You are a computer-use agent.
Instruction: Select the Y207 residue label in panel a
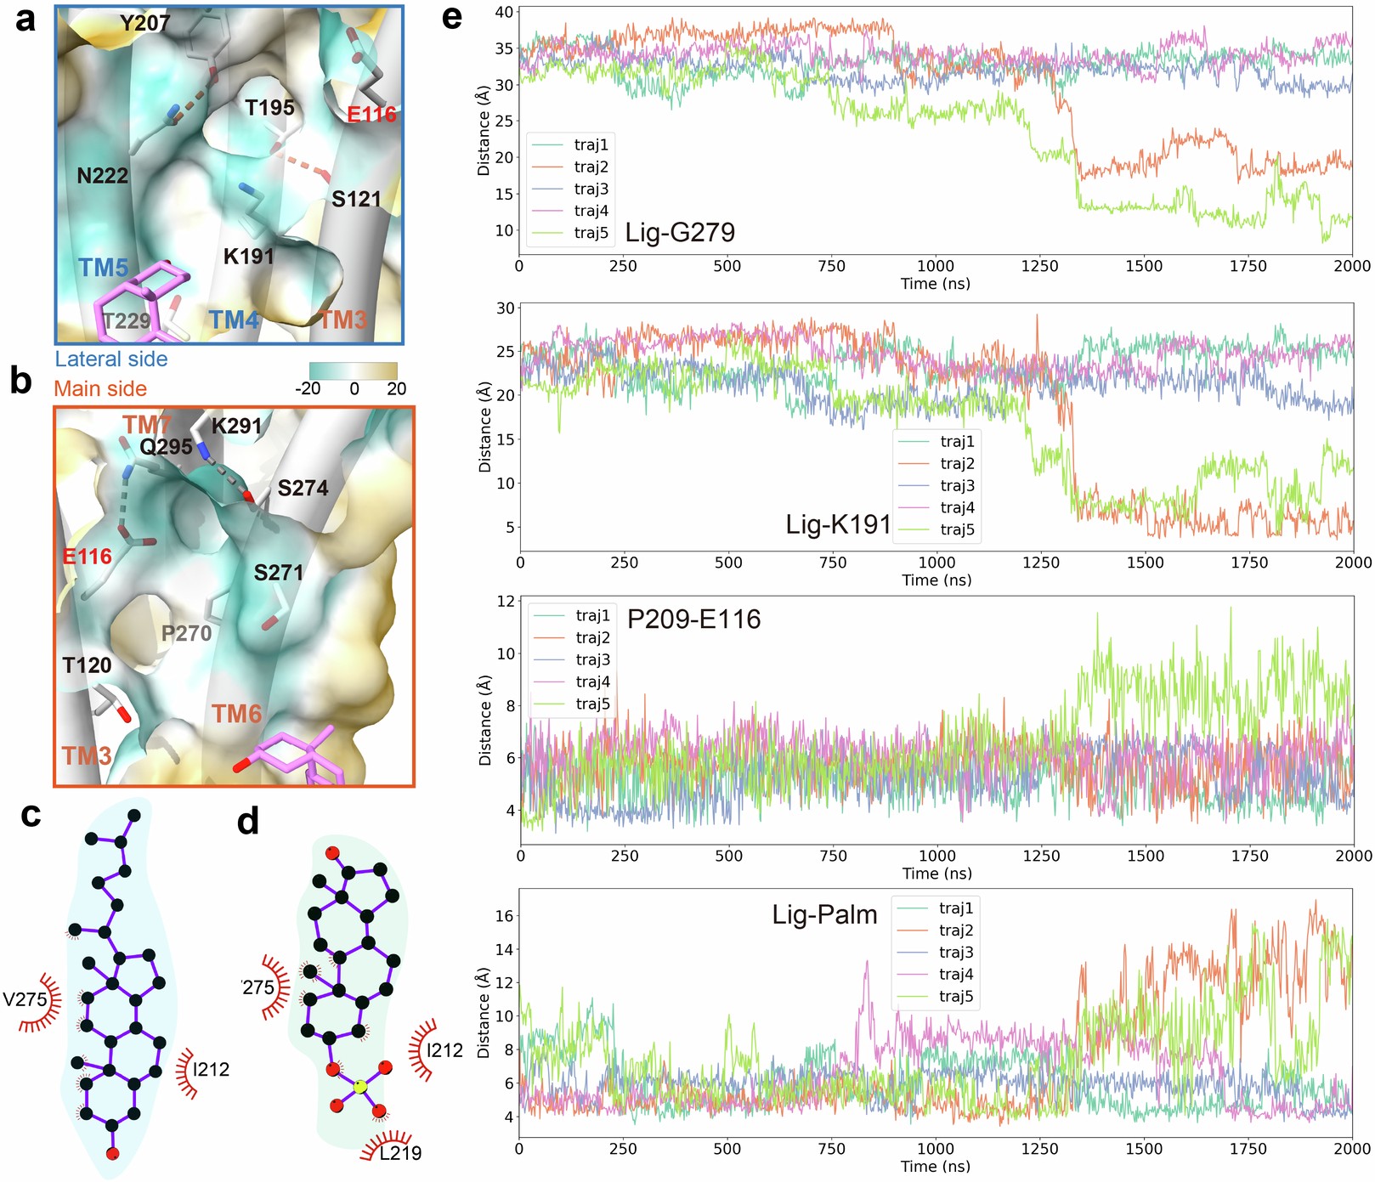coord(144,23)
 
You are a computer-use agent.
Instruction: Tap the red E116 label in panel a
coord(371,114)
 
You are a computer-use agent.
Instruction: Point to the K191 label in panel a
coord(248,256)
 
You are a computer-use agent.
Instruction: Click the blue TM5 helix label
coord(103,268)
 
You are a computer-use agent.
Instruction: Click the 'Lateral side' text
coord(111,359)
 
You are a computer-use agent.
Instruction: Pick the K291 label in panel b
coord(236,426)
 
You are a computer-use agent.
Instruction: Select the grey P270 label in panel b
coord(186,633)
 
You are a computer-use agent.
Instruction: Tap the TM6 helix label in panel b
coord(236,714)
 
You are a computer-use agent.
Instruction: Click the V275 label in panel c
coord(25,999)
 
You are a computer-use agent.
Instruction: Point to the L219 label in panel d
coord(400,1153)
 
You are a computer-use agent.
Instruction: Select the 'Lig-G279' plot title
coord(680,232)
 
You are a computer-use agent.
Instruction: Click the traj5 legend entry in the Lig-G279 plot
coord(591,233)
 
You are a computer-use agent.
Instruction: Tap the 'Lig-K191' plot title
coord(838,524)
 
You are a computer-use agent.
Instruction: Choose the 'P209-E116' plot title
coord(693,619)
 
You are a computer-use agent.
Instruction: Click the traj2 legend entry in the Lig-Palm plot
coord(956,930)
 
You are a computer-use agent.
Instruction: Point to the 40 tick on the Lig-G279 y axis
coord(504,12)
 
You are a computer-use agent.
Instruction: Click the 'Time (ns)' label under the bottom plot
coord(935,1167)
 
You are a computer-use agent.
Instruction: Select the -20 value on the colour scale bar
coord(308,389)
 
